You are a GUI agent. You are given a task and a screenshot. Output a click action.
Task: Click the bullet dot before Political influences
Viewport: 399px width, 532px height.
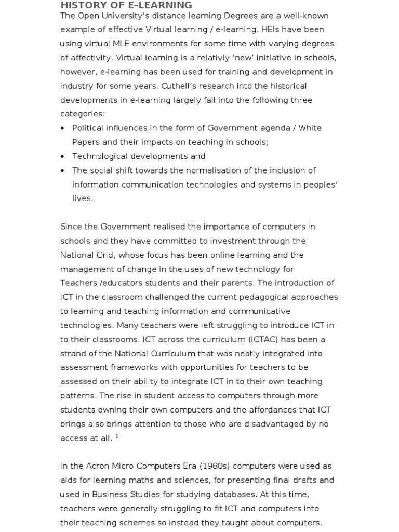tap(63, 128)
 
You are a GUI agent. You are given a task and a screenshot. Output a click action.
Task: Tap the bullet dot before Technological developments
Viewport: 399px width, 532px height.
tap(63, 156)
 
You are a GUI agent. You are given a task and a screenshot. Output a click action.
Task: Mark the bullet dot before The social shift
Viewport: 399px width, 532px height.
tap(63, 170)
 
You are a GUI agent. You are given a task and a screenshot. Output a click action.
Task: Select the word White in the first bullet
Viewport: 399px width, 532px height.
tap(311, 128)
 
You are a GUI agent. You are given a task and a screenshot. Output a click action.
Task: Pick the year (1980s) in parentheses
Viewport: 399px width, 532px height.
tap(213, 466)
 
